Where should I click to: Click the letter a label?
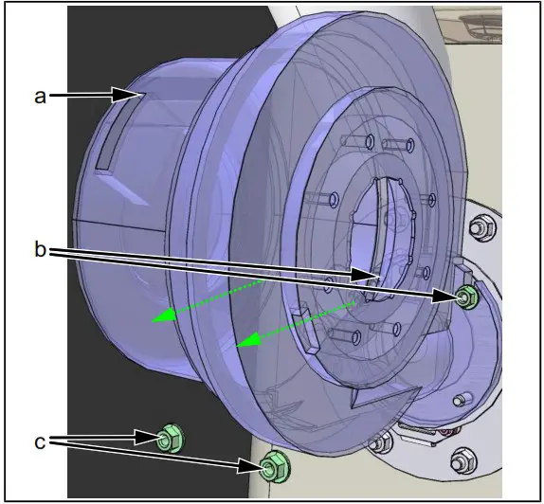pos(40,96)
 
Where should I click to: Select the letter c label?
pos(40,441)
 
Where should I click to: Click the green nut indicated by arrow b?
pos(466,297)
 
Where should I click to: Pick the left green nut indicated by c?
pos(170,438)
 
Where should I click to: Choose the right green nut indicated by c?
pos(275,466)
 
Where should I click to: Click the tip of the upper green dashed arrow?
pos(152,321)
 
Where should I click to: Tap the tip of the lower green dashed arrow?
pos(237,345)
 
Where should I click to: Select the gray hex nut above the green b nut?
pos(482,227)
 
